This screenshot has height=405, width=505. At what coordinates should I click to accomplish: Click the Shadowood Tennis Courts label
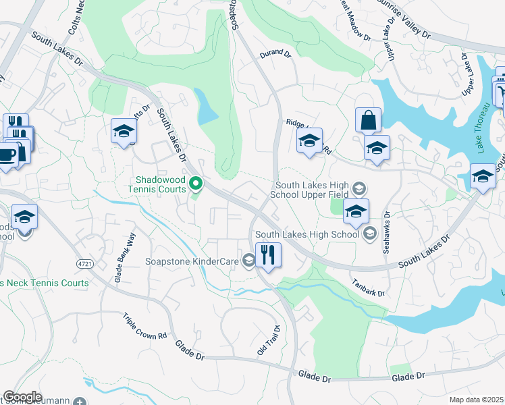click(x=161, y=184)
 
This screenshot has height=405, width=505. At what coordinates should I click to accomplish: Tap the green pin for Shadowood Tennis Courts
click(x=196, y=182)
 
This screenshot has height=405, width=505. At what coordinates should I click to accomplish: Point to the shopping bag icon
click(x=368, y=121)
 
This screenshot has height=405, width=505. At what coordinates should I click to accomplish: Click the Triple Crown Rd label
click(x=144, y=327)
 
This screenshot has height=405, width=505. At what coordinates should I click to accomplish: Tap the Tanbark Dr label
click(x=368, y=288)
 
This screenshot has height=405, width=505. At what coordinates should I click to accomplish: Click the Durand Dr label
click(x=275, y=53)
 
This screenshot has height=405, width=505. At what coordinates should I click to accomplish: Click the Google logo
click(x=22, y=397)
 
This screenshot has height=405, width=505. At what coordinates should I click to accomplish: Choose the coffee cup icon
click(x=7, y=155)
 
